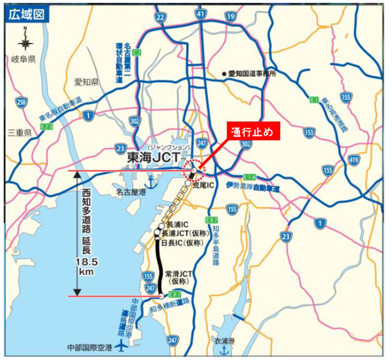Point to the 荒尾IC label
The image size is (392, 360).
[203, 185]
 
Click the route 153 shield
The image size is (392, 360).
[309, 133]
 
